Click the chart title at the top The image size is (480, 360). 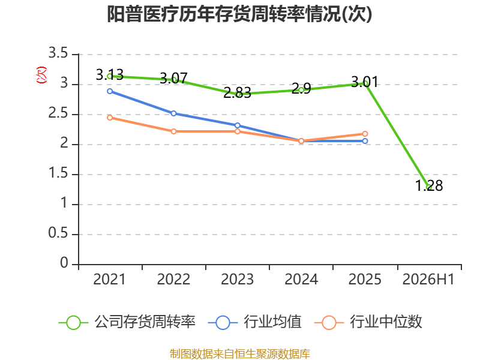239,14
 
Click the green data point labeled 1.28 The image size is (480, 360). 429,187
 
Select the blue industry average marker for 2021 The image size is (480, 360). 110,91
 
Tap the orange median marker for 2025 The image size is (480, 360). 365,134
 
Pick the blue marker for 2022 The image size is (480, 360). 173,113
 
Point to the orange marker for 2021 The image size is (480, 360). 110,118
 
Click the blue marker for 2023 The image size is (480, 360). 237,125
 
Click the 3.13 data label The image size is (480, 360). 110,74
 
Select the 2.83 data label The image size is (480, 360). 237,92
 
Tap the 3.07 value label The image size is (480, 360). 173,79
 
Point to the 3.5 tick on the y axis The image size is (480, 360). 58,53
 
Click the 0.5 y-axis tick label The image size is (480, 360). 58,233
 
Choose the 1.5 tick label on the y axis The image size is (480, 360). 58,173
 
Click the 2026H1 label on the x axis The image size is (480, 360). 428,279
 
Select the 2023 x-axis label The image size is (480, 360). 237,279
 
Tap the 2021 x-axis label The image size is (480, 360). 110,279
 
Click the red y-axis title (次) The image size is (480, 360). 41,75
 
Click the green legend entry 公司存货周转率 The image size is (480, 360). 127,322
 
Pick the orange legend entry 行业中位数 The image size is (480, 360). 368,322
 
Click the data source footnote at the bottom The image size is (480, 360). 240,354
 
